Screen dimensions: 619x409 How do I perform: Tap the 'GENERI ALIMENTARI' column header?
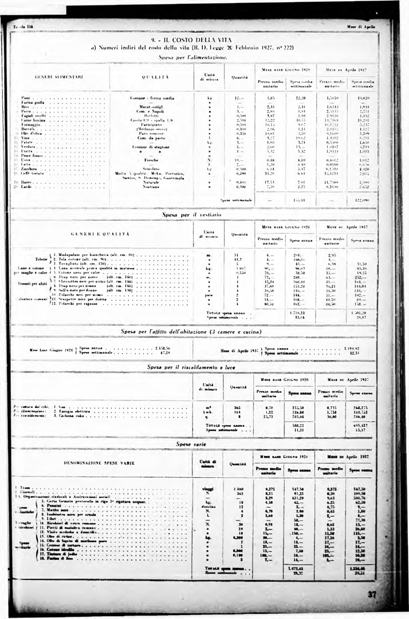click(x=59, y=76)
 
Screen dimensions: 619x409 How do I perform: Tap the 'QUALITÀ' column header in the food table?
click(x=152, y=76)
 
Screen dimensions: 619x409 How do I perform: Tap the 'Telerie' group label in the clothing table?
click(x=41, y=258)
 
